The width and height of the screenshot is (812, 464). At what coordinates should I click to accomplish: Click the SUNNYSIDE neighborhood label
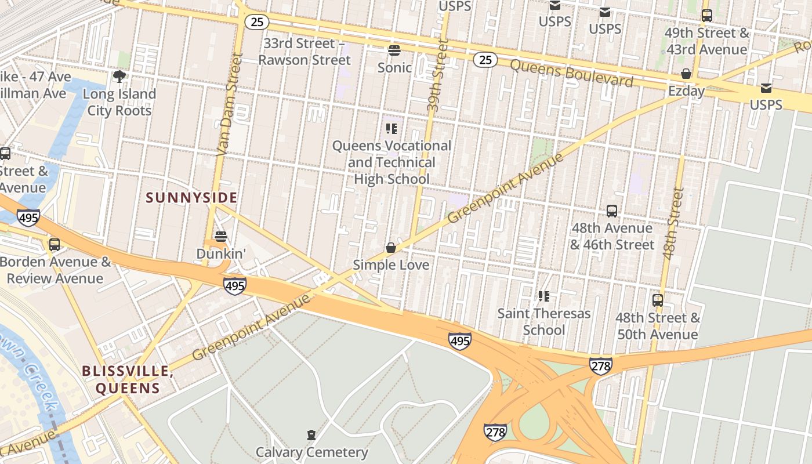coord(191,198)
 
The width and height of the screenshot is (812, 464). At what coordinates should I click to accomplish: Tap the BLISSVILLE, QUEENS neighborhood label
coord(128,379)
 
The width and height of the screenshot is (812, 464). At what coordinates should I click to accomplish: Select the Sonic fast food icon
coord(394,50)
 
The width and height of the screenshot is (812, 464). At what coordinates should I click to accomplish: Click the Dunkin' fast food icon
coord(220,236)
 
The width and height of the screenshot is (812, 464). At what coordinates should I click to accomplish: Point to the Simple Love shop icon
coord(391,248)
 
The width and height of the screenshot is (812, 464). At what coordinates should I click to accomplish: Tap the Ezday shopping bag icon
coord(686,74)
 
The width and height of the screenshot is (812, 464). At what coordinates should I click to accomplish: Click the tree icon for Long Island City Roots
coord(119,77)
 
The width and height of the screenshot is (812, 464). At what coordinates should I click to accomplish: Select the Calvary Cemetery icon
coord(311,434)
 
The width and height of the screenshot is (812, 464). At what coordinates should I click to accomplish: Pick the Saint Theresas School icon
coord(543,296)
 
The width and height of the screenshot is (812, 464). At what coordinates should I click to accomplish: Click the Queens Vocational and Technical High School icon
coord(391,128)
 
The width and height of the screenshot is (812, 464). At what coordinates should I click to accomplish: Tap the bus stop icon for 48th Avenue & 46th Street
coord(611,211)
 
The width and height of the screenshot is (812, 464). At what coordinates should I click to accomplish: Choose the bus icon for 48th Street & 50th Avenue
coord(657,300)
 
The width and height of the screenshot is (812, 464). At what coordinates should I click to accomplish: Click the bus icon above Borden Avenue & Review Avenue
coord(54,245)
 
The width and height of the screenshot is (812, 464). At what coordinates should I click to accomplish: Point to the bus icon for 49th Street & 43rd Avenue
coord(706,16)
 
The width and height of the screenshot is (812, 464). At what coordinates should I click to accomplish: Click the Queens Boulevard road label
coord(571,72)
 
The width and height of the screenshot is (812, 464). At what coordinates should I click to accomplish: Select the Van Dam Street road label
coord(228,104)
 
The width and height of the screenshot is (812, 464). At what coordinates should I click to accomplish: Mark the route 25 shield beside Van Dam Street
coord(256,22)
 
